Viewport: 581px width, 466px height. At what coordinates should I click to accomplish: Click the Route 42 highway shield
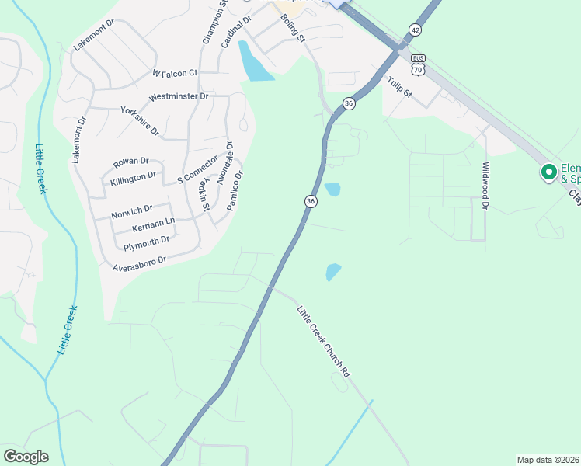pyautogui.click(x=416, y=30)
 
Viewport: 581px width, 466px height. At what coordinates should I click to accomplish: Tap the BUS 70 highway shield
pyautogui.click(x=419, y=64)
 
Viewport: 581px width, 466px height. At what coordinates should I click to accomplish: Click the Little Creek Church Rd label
pyautogui.click(x=323, y=342)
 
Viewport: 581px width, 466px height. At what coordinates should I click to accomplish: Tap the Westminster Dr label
pyautogui.click(x=179, y=97)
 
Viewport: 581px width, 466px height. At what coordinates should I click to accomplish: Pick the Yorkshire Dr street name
pyautogui.click(x=140, y=120)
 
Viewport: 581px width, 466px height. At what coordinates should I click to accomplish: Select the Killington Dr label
pyautogui.click(x=134, y=178)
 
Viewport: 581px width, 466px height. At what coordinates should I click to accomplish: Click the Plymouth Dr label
pyautogui.click(x=146, y=244)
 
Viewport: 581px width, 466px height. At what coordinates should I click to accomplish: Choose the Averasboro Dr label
pyautogui.click(x=139, y=263)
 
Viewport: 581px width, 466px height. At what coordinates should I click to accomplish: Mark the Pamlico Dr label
pyautogui.click(x=235, y=191)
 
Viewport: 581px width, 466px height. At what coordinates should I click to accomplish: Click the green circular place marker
pyautogui.click(x=548, y=172)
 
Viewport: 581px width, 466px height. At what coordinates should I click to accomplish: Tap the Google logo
pyautogui.click(x=26, y=456)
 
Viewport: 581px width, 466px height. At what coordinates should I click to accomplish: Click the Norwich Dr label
pyautogui.click(x=131, y=210)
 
